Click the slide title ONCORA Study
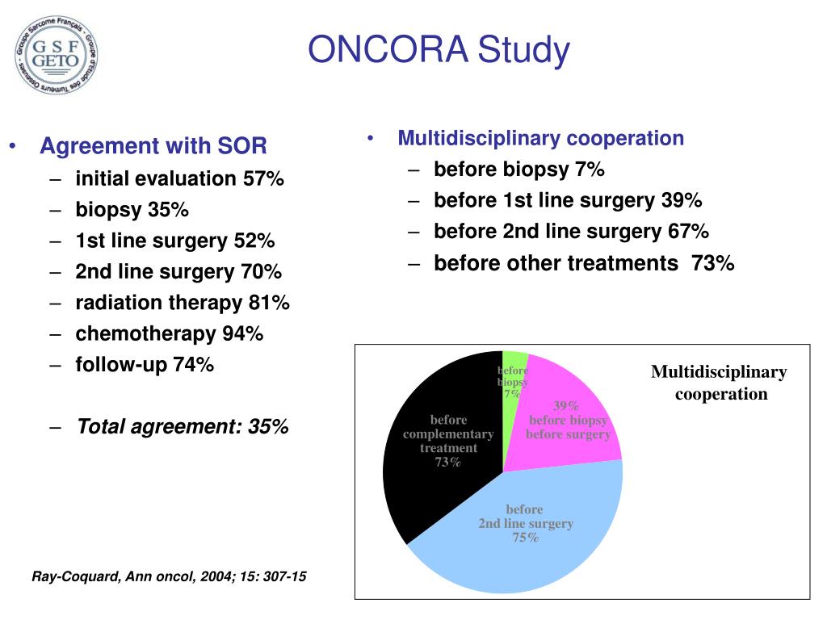coord(439,50)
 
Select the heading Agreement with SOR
coord(153,147)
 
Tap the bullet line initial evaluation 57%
coord(179,178)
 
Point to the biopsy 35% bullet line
coord(132,210)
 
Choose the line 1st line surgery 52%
coord(174,241)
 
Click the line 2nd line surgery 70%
coord(178,271)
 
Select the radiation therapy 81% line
coord(183,303)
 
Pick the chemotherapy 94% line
coord(170,333)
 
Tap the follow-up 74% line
coord(145,365)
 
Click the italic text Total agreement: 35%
coord(183,426)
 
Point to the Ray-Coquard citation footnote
coord(169,577)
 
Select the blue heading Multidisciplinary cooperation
coord(540,138)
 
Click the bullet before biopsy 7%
coord(518,170)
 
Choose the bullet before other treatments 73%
coord(584,263)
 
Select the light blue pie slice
coord(525,533)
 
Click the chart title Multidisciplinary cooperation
coord(719,383)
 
